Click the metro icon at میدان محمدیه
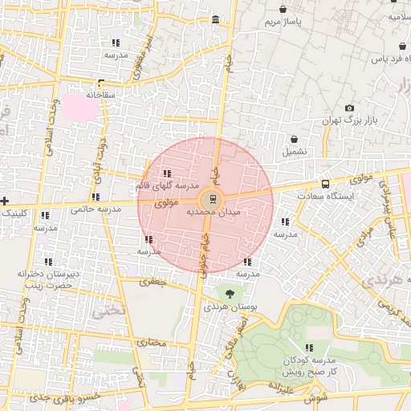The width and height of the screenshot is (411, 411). pos(212,197)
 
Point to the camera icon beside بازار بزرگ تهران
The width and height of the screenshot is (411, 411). pos(349,108)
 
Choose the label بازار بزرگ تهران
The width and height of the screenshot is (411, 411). pos(349,120)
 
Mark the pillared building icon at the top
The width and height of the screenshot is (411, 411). pos(214,20)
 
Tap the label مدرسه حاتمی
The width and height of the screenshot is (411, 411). pos(96,209)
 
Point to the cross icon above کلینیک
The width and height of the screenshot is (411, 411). pos(5,200)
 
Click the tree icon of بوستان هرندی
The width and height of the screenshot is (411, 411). pos(230,294)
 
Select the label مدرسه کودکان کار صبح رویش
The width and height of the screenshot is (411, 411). pos(309,366)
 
